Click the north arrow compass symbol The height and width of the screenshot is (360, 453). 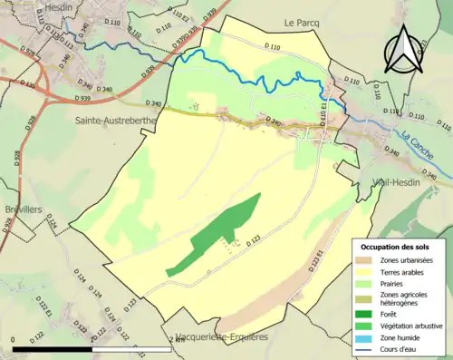coord(405,49)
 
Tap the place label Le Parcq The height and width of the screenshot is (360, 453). coord(303,22)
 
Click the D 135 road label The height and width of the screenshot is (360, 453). coord(26,85)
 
